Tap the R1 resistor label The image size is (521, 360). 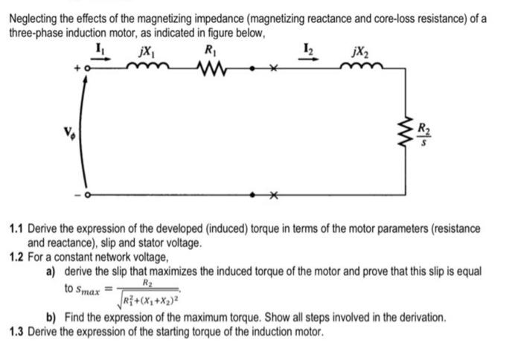211,52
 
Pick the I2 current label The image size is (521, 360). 309,51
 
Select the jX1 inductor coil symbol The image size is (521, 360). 147,68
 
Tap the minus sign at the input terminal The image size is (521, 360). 76,195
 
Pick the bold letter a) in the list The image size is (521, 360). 52,269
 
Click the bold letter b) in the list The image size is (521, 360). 52,318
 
